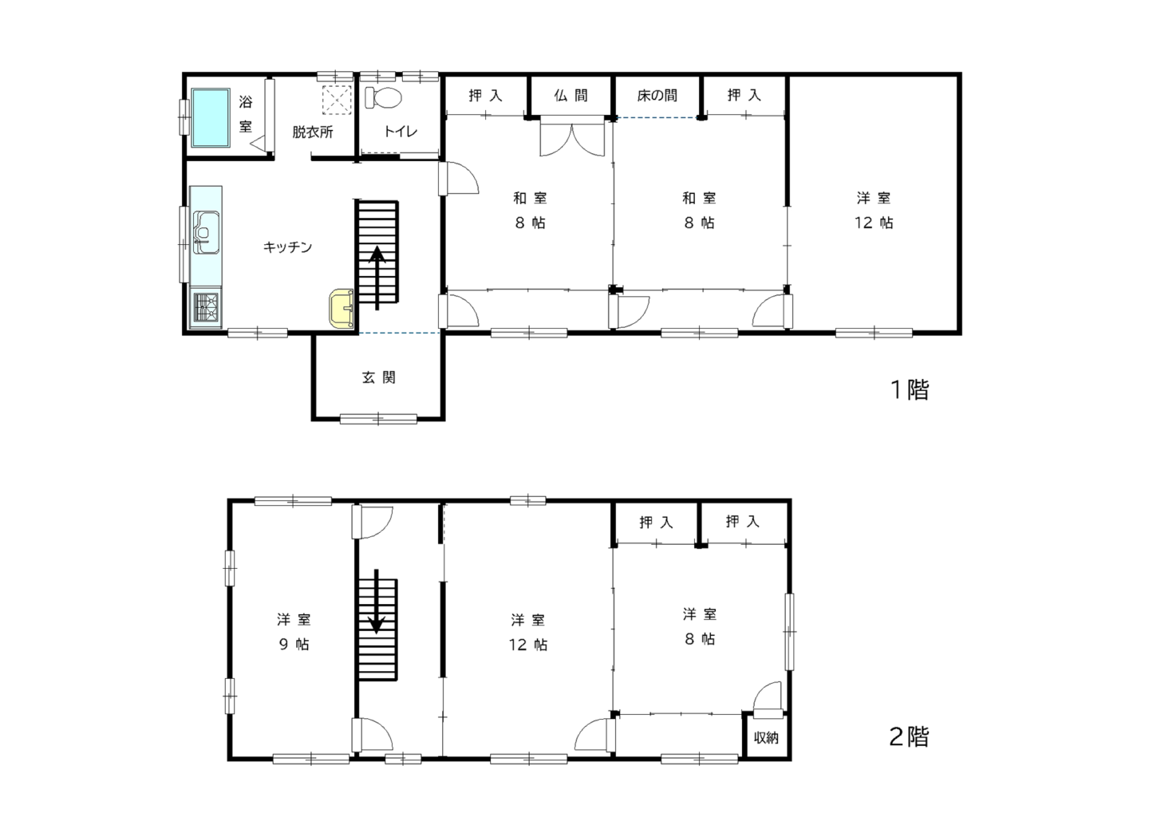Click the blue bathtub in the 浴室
coord(211,117)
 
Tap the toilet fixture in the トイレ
coord(383,97)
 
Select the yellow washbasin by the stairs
coord(342,308)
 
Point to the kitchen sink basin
coord(206,232)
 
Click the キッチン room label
coord(287,247)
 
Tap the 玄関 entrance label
coord(378,377)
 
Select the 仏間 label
coord(571,96)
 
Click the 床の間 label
coord(657,96)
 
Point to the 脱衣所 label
coord(313,132)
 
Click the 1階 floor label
coord(910,390)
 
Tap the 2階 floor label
coord(909,737)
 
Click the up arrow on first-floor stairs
coord(377,278)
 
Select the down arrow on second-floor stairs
coord(377,601)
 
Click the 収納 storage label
coord(766,737)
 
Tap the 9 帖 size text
coord(294,644)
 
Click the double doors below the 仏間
coord(572,136)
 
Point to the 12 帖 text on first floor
coord(874,223)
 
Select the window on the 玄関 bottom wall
coord(378,419)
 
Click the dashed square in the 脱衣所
coord(337,100)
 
